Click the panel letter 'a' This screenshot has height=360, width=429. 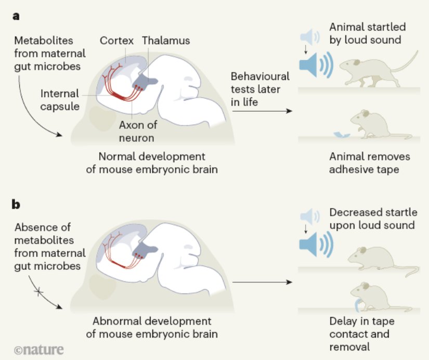coord(17,16)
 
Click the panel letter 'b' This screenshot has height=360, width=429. coord(17,204)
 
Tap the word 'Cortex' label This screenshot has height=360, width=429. coord(117,41)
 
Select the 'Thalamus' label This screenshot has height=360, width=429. coord(166,41)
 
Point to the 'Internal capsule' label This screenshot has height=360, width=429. coord(60,100)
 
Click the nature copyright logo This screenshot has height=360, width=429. coord(39,350)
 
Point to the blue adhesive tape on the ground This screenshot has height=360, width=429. coord(340,135)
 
